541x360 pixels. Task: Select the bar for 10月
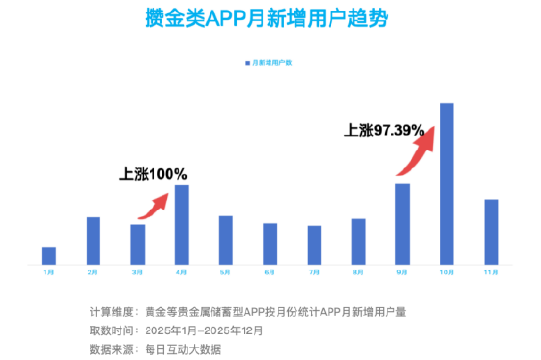point(447,184)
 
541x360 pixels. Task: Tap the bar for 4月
point(182,224)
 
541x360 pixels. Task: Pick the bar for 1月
point(49,255)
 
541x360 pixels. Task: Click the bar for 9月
point(402,223)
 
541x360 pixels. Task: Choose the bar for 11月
point(491,231)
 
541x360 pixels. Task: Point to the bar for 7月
point(314,245)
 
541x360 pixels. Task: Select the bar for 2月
point(93,240)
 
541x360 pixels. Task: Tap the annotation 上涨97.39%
point(385,129)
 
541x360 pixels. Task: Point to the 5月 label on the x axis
point(225,271)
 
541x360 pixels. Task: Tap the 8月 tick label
point(358,271)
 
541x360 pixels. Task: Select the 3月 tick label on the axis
point(137,271)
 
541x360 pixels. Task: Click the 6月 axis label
point(270,271)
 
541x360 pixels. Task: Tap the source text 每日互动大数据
point(183,349)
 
